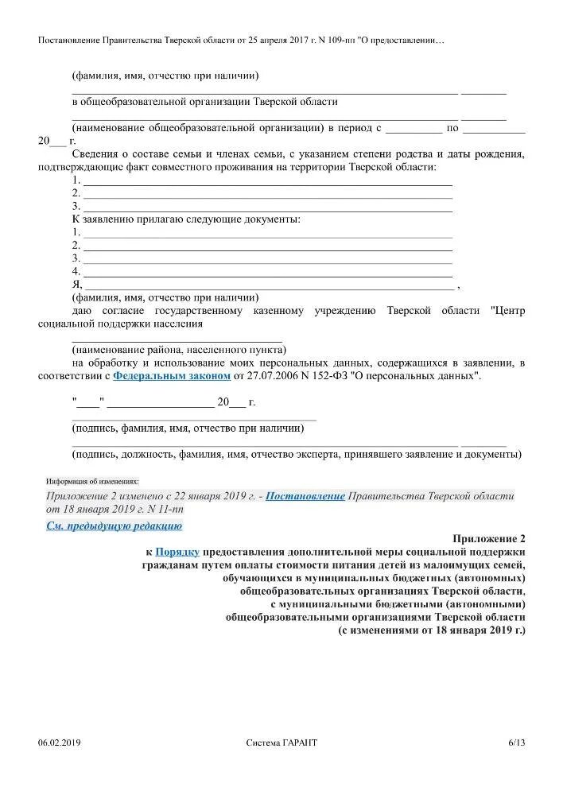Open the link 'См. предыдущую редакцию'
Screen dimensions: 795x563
115,525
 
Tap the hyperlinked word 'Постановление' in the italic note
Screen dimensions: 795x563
305,495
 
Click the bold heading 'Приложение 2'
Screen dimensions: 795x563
489,538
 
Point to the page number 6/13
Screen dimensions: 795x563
517,743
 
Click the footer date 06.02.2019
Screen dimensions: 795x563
60,743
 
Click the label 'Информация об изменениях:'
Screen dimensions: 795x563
92,481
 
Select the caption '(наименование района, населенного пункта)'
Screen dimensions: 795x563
179,349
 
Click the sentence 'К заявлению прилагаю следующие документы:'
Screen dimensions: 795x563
186,219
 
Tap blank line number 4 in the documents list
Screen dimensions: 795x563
268,271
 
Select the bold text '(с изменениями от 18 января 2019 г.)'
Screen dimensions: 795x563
432,630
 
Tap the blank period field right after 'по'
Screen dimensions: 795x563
493,127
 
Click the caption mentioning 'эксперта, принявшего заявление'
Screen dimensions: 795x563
297,455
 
